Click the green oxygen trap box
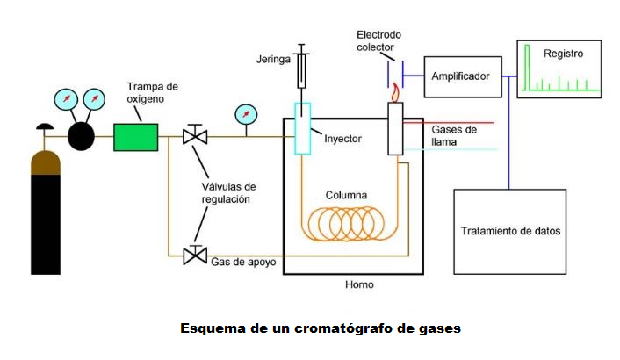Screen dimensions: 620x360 coord(135,137)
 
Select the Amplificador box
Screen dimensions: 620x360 coord(463,76)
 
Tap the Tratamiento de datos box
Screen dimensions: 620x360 coord(509,232)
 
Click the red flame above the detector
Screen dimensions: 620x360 coord(395,93)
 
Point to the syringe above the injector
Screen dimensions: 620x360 coord(301,66)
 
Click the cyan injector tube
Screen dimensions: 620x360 coord(302,128)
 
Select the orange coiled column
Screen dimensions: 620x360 coord(346,224)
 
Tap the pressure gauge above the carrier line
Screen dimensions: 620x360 coord(246,115)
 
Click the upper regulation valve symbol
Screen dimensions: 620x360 coord(195,134)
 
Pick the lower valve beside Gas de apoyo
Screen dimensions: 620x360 coord(195,255)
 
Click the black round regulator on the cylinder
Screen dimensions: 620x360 coord(81,136)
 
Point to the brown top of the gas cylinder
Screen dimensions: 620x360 coord(46,162)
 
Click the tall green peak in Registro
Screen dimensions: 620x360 coord(527,68)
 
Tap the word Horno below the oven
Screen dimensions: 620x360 coord(359,284)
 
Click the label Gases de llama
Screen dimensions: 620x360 coord(453,135)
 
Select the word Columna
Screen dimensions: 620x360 coord(346,195)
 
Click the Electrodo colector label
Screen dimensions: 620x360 coord(378,40)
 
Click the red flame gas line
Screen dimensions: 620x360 coord(449,123)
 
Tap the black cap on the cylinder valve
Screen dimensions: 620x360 coord(45,126)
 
